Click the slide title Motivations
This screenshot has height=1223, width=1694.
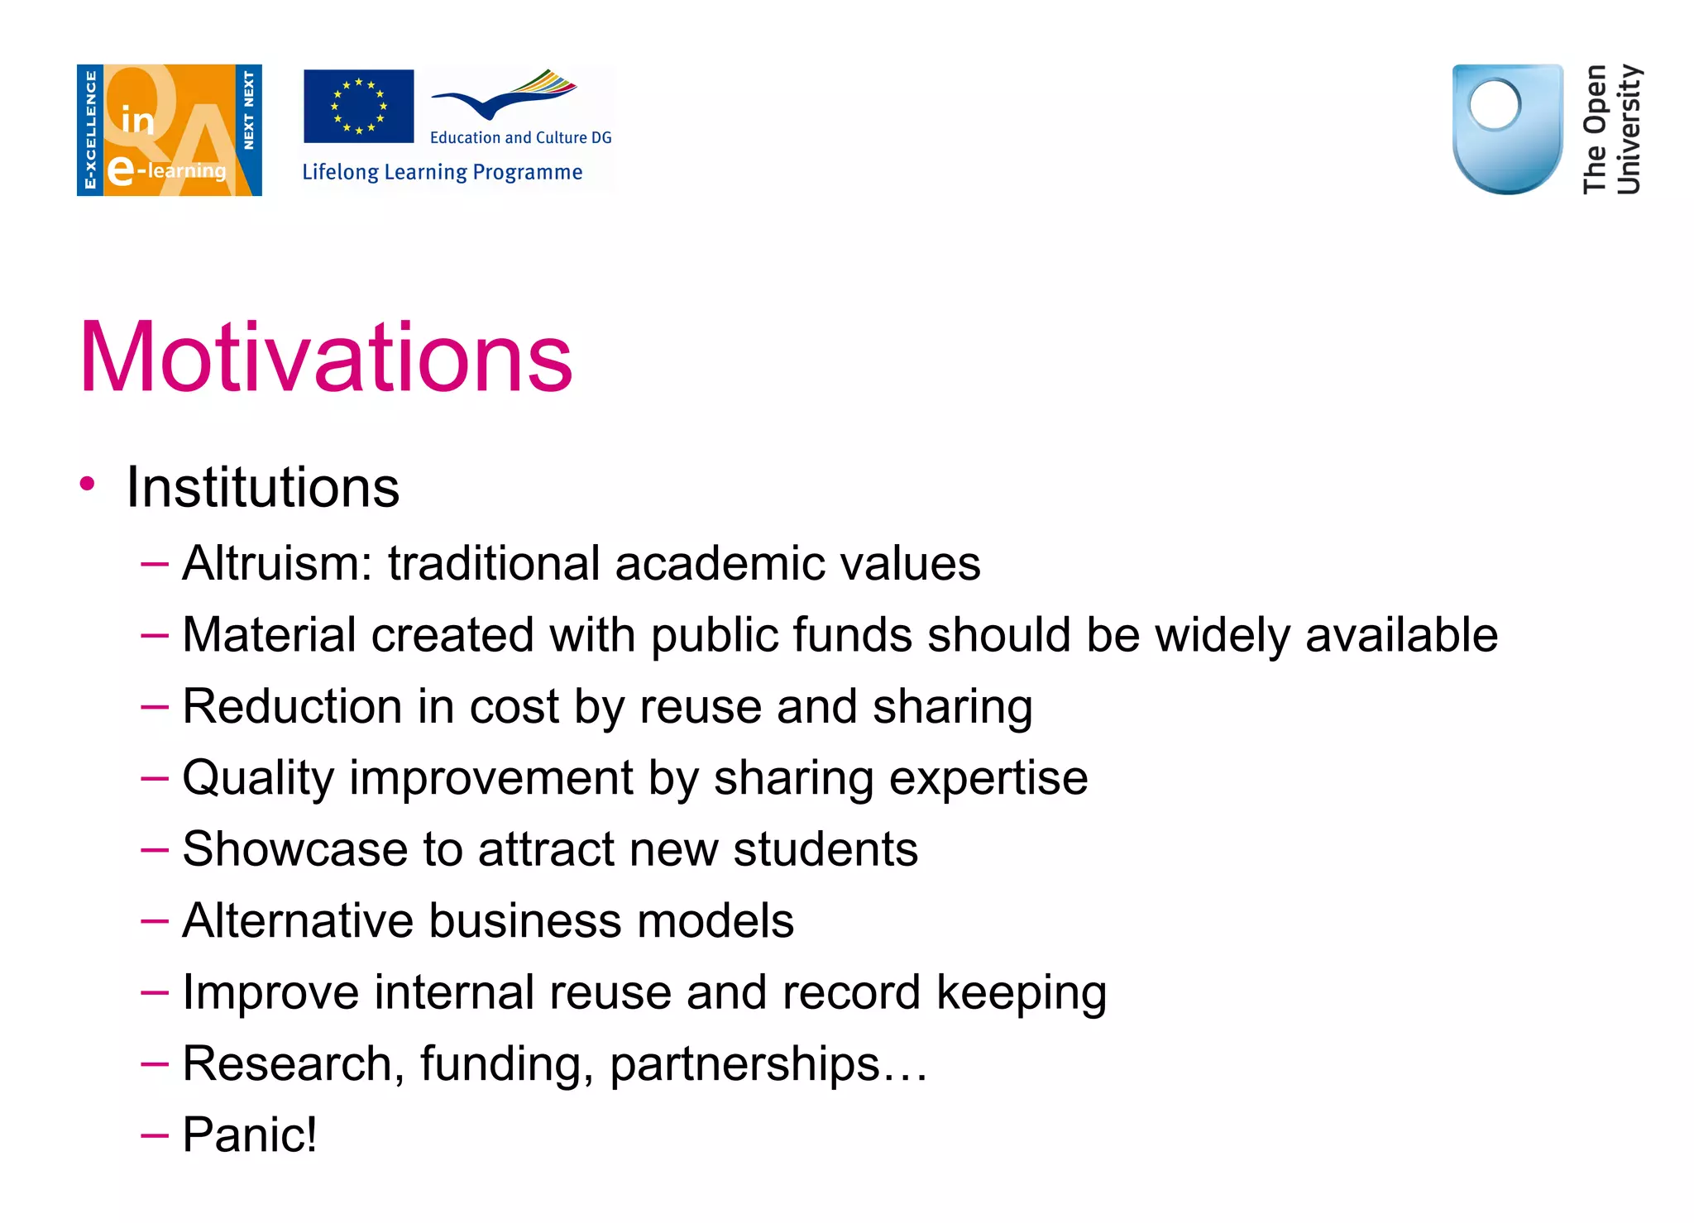click(x=326, y=357)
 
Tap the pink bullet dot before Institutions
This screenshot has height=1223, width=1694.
click(x=88, y=484)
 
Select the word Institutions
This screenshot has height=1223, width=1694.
click(x=262, y=487)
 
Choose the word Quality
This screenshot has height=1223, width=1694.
click(x=257, y=779)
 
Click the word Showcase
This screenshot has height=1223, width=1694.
click(x=294, y=849)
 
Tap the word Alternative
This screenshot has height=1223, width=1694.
click(x=297, y=921)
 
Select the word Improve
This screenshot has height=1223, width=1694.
click(x=270, y=992)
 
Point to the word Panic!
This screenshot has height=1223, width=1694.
click(x=249, y=1135)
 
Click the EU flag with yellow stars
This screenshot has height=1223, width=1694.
click(x=358, y=106)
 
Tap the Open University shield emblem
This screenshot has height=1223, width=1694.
click(x=1507, y=128)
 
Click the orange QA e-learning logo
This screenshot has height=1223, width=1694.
click(x=170, y=130)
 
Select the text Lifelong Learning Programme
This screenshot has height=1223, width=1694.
click(x=442, y=172)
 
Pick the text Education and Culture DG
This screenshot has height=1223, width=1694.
click(x=520, y=137)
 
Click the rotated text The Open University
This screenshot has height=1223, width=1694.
click(x=1610, y=129)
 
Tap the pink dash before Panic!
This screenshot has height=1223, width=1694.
click(x=155, y=1135)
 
